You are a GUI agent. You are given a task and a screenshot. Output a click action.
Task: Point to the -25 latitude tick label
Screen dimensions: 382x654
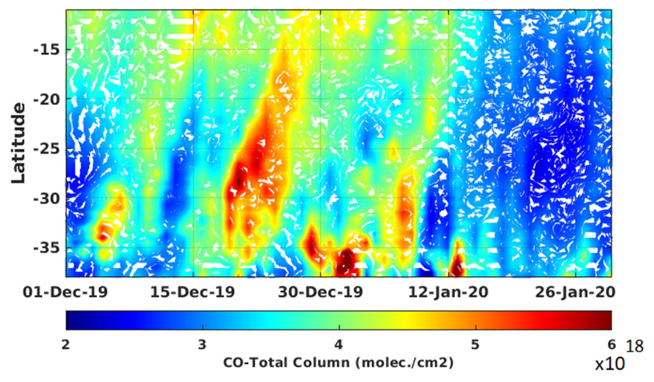pos(46,149)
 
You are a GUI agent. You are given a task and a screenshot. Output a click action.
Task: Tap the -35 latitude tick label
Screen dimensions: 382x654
pos(46,249)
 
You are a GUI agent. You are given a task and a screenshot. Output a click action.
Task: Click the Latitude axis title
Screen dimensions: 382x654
pos(19,143)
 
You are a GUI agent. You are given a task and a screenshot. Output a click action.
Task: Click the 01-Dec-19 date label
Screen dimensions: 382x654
pos(65,292)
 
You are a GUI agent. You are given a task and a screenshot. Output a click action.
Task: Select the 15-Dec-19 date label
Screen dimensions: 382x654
pos(193,292)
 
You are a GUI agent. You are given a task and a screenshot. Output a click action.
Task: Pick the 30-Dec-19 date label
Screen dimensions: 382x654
pos(321,292)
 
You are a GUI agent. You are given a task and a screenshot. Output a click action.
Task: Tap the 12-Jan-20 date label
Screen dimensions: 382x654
pos(448,292)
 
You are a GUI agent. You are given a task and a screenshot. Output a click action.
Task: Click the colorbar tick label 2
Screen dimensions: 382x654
pos(66,345)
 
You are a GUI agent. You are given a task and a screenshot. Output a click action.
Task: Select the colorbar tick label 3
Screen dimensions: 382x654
pos(203,345)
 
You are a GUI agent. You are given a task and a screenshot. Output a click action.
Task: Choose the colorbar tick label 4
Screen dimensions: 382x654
pos(339,345)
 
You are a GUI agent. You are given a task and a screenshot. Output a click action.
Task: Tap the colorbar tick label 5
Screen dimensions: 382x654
pos(475,345)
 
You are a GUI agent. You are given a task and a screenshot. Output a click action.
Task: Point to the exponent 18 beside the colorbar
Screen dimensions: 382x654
pos(635,347)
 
